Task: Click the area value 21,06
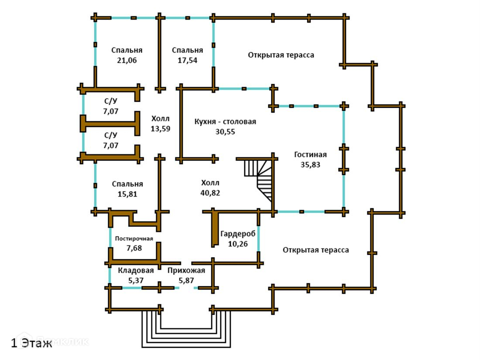127,61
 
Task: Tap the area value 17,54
187,61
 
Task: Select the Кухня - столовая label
225,122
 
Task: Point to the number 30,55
225,132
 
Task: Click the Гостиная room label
310,154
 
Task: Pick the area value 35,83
310,165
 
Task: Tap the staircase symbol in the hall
260,177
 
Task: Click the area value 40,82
210,192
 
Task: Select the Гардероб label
237,233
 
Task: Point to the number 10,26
237,243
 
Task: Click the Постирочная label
134,239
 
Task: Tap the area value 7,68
134,248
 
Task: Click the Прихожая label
186,271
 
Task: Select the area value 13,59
161,129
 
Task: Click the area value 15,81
127,195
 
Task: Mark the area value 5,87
186,281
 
